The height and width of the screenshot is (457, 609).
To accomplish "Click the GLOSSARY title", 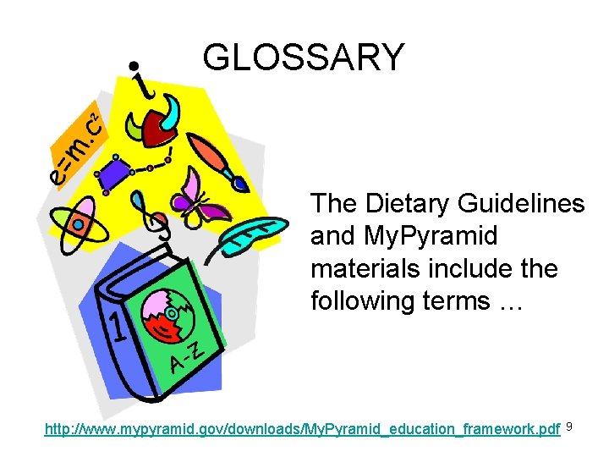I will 304,58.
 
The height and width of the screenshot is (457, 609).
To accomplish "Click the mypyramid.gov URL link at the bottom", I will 302,429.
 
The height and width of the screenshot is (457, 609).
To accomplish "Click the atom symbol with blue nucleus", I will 77,223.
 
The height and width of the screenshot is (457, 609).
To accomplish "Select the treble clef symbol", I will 151,217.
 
